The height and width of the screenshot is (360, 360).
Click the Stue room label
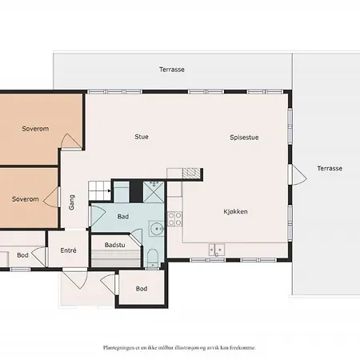click(142, 137)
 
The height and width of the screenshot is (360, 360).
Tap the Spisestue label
click(244, 138)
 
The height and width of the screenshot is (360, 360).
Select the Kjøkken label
click(235, 212)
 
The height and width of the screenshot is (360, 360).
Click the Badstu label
click(114, 245)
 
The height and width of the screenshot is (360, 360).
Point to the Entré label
click(68, 250)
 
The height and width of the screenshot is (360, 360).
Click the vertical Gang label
click(71, 202)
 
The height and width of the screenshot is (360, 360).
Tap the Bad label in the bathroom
click(123, 217)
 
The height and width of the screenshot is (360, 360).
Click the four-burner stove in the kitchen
click(175, 219)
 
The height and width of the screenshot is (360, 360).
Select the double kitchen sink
click(217, 250)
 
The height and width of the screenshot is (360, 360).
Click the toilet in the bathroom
click(153, 258)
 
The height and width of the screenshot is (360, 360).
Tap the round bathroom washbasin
click(157, 229)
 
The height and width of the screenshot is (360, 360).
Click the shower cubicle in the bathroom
click(154, 192)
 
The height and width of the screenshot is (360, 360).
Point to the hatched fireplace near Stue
click(191, 174)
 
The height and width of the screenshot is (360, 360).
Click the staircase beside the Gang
click(99, 190)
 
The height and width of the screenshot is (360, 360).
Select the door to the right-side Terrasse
click(298, 174)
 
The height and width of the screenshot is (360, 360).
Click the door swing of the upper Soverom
click(71, 142)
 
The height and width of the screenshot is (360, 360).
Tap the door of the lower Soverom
click(51, 197)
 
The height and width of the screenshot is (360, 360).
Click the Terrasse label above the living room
click(172, 70)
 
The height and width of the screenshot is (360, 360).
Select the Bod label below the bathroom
click(142, 289)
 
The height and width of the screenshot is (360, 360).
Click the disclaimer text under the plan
click(179, 348)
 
